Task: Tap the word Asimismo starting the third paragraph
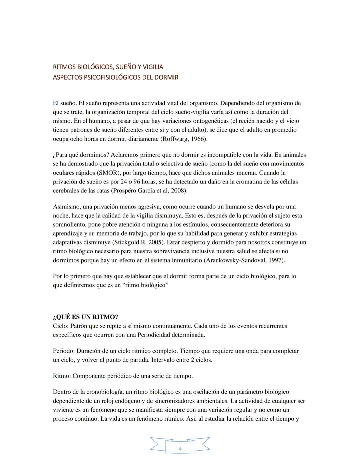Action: (x=65, y=207)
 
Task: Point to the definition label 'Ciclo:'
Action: (x=61, y=326)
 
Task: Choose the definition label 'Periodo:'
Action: (x=64, y=351)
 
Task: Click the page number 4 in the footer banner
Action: (x=180, y=449)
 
